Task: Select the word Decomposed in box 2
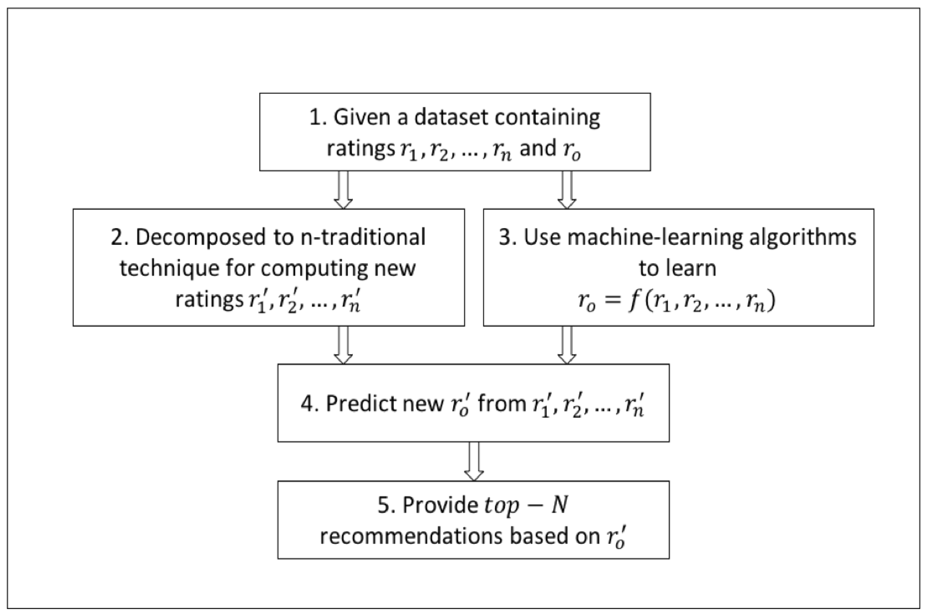[x=201, y=237]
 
